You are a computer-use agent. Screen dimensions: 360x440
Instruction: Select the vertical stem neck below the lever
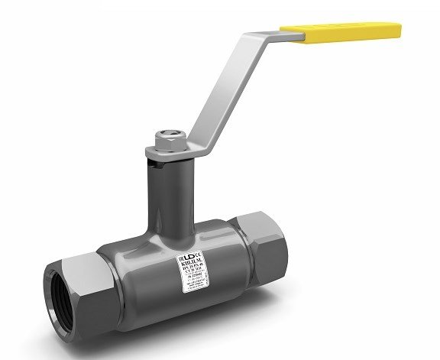pos(166,187)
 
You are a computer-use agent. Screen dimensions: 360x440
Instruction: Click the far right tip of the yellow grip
pos(398,31)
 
